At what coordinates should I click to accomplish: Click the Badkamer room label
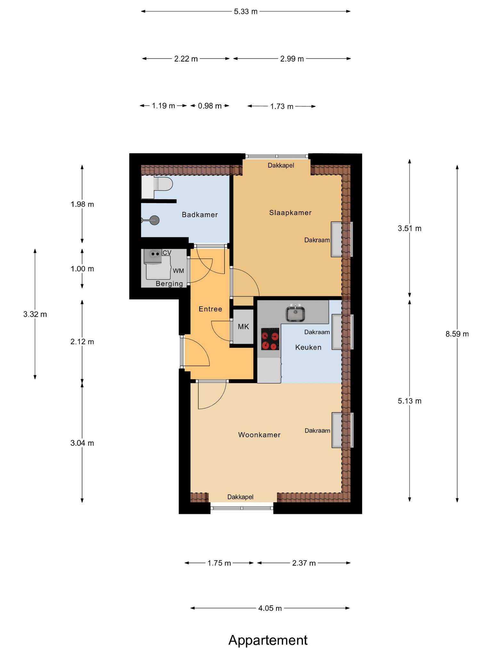point(200,215)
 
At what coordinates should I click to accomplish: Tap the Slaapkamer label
point(290,213)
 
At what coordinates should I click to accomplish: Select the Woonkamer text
point(259,435)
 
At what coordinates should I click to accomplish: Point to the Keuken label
point(308,347)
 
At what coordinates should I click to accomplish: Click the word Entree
point(210,309)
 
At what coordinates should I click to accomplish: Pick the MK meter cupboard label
point(243,327)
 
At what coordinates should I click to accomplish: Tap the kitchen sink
point(295,313)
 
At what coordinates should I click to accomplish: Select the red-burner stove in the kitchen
point(270,339)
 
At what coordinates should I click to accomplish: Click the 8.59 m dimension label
point(457,334)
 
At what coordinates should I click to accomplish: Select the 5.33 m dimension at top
point(246,12)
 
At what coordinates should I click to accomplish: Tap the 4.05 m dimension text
point(270,608)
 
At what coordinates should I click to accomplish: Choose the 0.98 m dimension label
point(209,106)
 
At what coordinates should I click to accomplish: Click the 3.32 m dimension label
point(35,314)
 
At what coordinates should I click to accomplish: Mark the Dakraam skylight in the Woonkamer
point(342,430)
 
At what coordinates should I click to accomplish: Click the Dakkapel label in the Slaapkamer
point(281,165)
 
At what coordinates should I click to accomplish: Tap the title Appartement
point(268,640)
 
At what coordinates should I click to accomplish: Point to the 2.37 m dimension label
point(304,563)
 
